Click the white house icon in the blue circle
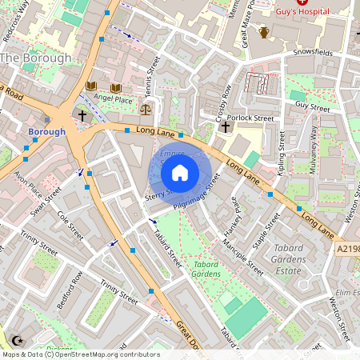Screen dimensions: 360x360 [x=180, y=173]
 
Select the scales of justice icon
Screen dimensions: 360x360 [x=146, y=108]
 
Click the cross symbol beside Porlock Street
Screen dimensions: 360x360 [x=226, y=126]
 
